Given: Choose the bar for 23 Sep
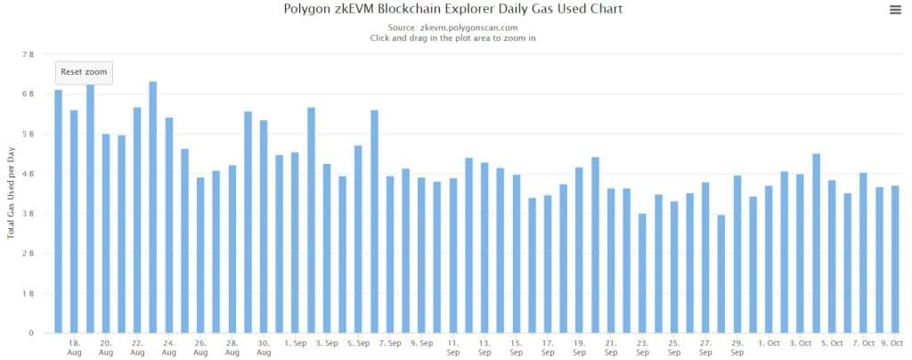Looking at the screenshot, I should coord(642,273).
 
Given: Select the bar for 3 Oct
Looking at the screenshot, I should coord(800,253).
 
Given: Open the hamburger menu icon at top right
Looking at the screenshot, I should coord(895,10).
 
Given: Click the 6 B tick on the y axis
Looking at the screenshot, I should coord(28,94).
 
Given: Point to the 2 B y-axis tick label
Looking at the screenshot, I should coord(28,254).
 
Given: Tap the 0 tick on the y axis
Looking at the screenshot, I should coord(30,333).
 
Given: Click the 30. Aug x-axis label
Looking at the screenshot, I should coord(264,348).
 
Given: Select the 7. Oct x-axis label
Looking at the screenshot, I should coord(863,343).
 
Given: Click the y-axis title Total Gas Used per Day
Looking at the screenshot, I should coord(12,192).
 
